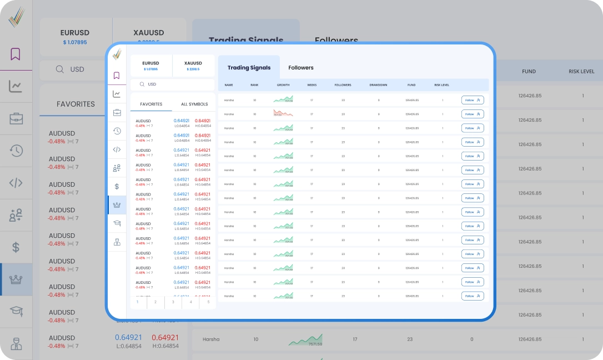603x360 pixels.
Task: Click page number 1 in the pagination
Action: pyautogui.click(x=137, y=302)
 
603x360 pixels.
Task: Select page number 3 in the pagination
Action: pyautogui.click(x=173, y=302)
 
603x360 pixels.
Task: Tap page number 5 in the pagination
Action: pyautogui.click(x=208, y=302)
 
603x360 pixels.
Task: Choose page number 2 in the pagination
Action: pyautogui.click(x=155, y=302)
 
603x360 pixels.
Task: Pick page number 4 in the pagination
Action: pyautogui.click(x=191, y=302)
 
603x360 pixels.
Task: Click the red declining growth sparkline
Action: pyautogui.click(x=283, y=113)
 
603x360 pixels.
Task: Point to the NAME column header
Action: pyautogui.click(x=229, y=85)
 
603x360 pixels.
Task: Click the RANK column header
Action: pyautogui.click(x=254, y=85)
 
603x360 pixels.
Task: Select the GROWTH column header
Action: pyautogui.click(x=283, y=85)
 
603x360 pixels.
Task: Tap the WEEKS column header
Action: pyautogui.click(x=312, y=85)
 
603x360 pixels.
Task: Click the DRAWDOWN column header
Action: pyautogui.click(x=378, y=85)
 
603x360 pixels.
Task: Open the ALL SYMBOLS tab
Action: pyautogui.click(x=194, y=104)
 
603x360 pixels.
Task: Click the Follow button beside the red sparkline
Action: pyautogui.click(x=473, y=114)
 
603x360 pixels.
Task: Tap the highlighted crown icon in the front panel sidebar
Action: pyautogui.click(x=117, y=204)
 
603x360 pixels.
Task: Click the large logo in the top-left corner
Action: pyautogui.click(x=16, y=17)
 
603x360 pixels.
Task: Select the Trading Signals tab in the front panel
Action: pyautogui.click(x=249, y=68)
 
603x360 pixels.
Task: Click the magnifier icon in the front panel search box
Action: pyautogui.click(x=142, y=84)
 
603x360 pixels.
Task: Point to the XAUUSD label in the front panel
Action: pyautogui.click(x=193, y=63)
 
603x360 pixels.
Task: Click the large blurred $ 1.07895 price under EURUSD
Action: pyautogui.click(x=75, y=42)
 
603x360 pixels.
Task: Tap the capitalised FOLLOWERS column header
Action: pyautogui.click(x=343, y=85)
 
